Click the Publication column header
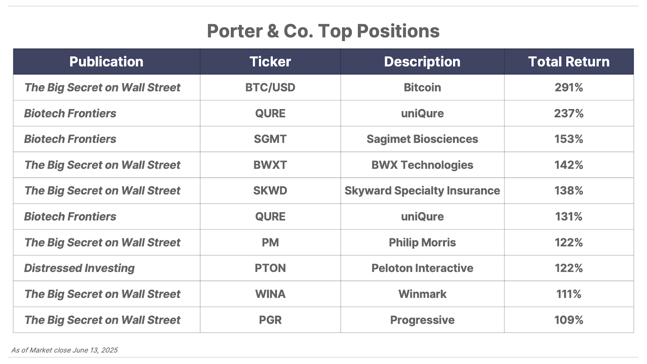coord(106,61)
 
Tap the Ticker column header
coord(270,61)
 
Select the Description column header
coord(422,61)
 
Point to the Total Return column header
coord(569,61)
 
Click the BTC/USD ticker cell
coord(270,87)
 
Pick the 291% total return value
coord(569,87)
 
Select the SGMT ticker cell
coord(270,139)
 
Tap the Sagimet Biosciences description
coord(422,139)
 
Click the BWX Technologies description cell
coord(422,165)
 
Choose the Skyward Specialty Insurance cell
coord(422,190)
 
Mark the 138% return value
coord(569,190)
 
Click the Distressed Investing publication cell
coord(79,268)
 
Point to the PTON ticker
coord(270,268)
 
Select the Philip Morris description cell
coord(422,242)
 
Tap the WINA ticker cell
coord(270,294)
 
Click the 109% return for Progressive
coord(569,320)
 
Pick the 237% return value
coord(569,113)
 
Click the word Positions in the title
coord(398,31)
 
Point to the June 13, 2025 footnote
coord(95,350)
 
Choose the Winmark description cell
coord(422,294)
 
